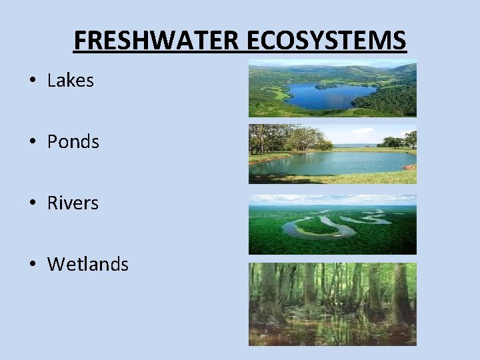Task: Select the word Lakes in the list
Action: (x=71, y=81)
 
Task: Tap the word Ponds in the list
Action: (x=73, y=142)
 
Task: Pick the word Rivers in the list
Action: (x=73, y=203)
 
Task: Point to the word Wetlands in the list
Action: (x=88, y=265)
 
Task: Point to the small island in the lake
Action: (x=327, y=85)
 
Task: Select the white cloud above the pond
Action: (x=363, y=131)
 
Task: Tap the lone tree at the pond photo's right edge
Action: (x=410, y=139)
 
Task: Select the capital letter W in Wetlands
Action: (x=56, y=265)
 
